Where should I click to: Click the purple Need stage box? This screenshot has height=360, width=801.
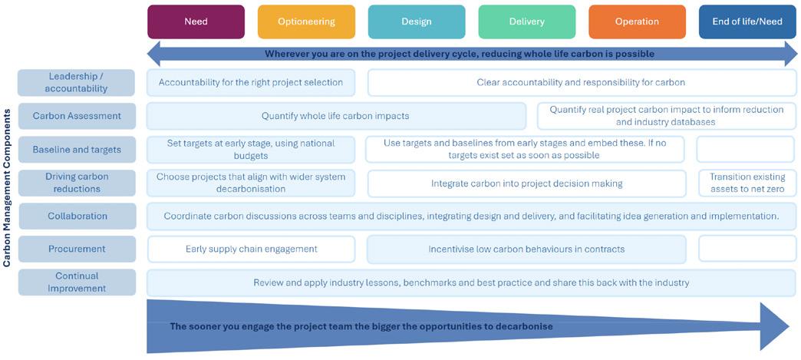pyautogui.click(x=196, y=21)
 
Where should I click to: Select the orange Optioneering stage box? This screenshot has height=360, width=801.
pyautogui.click(x=306, y=21)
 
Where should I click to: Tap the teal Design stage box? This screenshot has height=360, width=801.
pyautogui.click(x=417, y=21)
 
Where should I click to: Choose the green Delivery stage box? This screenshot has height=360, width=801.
pyautogui.click(x=526, y=21)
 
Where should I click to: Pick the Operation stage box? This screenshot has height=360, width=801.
pyautogui.click(x=637, y=21)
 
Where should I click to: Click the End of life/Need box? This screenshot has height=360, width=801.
pyautogui.click(x=747, y=21)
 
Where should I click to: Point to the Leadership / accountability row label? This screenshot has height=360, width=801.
pyautogui.click(x=77, y=82)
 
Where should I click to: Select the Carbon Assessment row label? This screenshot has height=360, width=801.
pyautogui.click(x=77, y=116)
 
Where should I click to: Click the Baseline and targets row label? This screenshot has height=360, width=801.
pyautogui.click(x=77, y=150)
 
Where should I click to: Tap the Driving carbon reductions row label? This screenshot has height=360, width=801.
pyautogui.click(x=77, y=183)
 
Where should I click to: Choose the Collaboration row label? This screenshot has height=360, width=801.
pyautogui.click(x=77, y=216)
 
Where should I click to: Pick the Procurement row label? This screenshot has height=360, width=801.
pyautogui.click(x=77, y=249)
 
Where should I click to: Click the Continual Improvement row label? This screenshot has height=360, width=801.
pyautogui.click(x=77, y=282)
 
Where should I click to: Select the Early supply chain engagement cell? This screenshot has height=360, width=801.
pyautogui.click(x=251, y=249)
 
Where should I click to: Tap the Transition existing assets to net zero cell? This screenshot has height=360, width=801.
pyautogui.click(x=746, y=183)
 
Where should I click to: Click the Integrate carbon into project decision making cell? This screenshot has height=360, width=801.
pyautogui.click(x=526, y=183)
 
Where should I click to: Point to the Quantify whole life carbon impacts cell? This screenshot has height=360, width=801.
pyautogui.click(x=335, y=116)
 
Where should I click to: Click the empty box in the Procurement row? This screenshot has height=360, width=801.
pyautogui.click(x=746, y=249)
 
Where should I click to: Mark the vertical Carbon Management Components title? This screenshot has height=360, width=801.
pyautogui.click(x=7, y=187)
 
